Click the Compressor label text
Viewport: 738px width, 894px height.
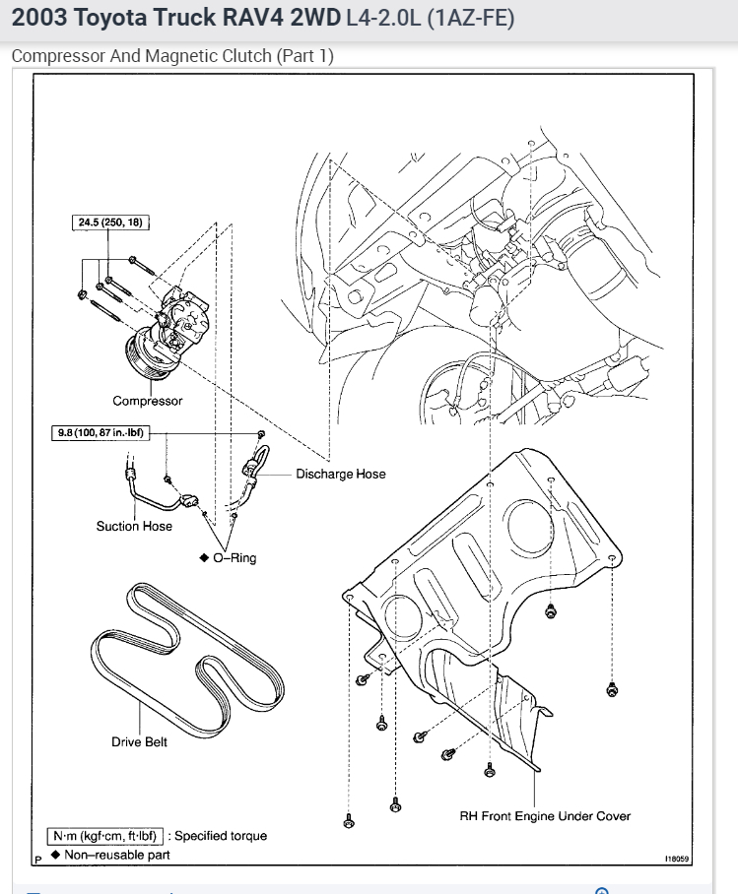tap(147, 401)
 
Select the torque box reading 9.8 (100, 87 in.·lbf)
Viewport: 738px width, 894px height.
tap(101, 431)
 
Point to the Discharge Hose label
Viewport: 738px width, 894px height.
tap(341, 474)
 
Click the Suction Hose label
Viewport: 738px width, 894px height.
tap(134, 526)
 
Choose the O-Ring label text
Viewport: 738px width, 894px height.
tap(234, 557)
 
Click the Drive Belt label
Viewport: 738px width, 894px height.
tap(139, 741)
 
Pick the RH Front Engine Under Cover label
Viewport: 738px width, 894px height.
tap(545, 815)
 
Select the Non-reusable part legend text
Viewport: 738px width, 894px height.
tap(116, 855)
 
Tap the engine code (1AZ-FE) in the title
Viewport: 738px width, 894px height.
tap(471, 19)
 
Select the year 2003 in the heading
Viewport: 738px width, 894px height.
tap(34, 19)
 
